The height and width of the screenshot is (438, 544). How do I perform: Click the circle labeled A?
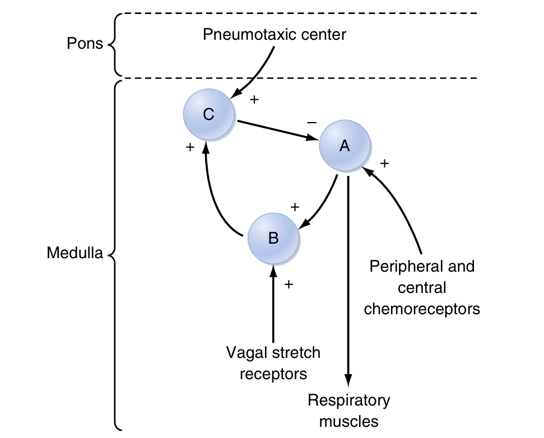[344, 146]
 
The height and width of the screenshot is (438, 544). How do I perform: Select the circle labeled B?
[273, 238]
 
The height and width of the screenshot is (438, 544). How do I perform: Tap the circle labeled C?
[208, 114]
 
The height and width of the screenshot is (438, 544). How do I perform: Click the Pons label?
[85, 44]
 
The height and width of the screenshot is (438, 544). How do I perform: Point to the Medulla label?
[75, 253]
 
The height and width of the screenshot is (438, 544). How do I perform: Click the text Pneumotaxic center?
[275, 35]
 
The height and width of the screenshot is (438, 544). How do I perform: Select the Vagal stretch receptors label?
[273, 363]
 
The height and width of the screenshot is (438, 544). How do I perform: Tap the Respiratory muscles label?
[348, 411]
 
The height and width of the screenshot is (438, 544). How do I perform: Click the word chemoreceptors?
[422, 309]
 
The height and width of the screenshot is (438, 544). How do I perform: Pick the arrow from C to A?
[275, 130]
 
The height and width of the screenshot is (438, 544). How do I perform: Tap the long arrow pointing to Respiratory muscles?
[348, 280]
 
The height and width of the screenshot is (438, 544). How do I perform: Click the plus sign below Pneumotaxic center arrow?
[254, 100]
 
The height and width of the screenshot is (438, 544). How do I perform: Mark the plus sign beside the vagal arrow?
[289, 285]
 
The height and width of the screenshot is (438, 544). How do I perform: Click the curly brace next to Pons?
[114, 44]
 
